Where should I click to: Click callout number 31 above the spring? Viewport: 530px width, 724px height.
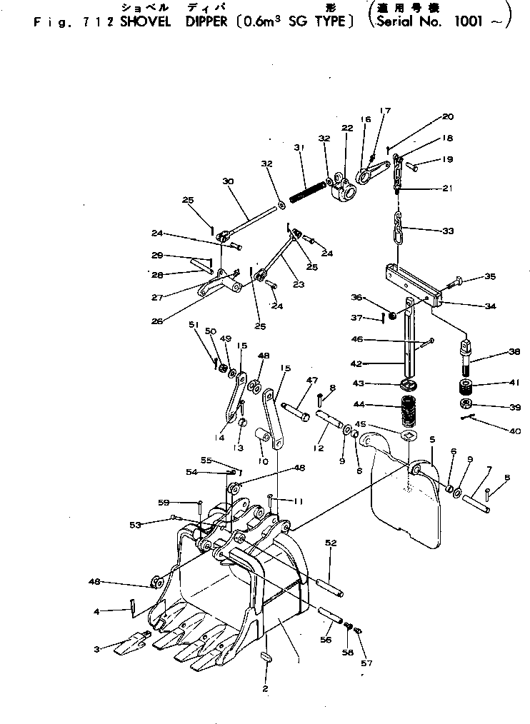pyautogui.click(x=299, y=148)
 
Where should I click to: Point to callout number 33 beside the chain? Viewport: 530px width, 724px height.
pyautogui.click(x=448, y=231)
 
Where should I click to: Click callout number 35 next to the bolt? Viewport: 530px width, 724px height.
pyautogui.click(x=489, y=276)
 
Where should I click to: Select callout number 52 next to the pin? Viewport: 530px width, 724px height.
pyautogui.click(x=330, y=543)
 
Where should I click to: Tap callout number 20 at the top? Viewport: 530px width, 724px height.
pyautogui.click(x=447, y=116)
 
